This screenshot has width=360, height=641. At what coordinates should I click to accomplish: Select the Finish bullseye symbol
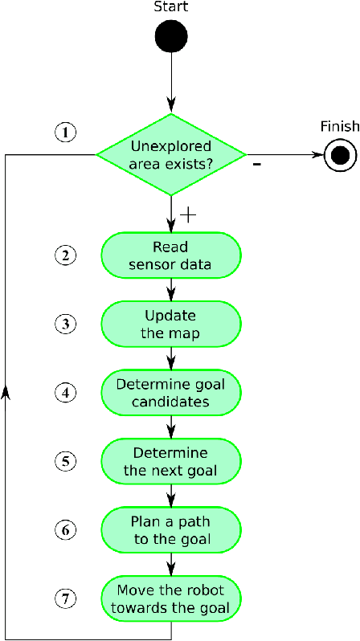[x=340, y=155]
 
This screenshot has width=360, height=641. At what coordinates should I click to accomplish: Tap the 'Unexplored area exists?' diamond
[x=171, y=154]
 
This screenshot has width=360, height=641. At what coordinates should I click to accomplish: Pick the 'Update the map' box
[x=171, y=323]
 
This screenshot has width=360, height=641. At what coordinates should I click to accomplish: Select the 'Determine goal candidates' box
[x=171, y=392]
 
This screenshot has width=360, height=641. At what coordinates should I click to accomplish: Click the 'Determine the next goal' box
[x=171, y=461]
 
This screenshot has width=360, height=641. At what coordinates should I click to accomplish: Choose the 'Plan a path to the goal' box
[x=171, y=529]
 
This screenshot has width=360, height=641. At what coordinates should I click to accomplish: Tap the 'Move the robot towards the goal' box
[x=171, y=598]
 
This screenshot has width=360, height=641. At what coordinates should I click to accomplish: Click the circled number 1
[x=65, y=132]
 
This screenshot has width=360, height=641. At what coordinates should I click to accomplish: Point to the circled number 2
[x=65, y=255]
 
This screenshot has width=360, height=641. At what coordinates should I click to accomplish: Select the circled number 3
[x=65, y=324]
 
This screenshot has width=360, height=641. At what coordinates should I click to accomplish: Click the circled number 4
[x=65, y=393]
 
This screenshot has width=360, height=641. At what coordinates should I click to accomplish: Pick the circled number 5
[x=65, y=461]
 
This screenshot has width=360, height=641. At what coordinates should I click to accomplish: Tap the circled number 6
[x=65, y=530]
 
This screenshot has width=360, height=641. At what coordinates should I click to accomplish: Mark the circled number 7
[x=65, y=598]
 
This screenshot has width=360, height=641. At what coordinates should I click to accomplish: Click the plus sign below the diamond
[x=189, y=214]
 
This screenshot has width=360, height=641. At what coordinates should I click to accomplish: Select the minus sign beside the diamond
[x=256, y=165]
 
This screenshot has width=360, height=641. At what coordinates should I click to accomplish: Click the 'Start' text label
[x=170, y=7]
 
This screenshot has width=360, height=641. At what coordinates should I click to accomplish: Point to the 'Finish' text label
[x=339, y=126]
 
